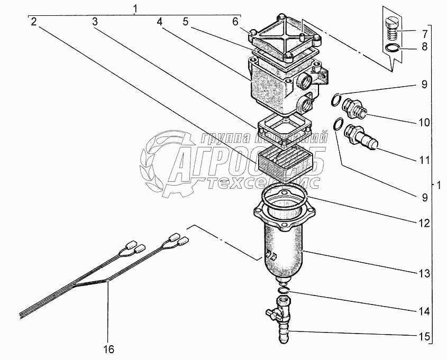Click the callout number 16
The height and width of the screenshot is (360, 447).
[x=108, y=349]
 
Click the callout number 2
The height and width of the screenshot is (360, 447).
[x=33, y=22]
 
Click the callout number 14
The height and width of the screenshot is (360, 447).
[x=423, y=311]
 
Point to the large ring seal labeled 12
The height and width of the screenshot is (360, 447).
[x=286, y=195]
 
